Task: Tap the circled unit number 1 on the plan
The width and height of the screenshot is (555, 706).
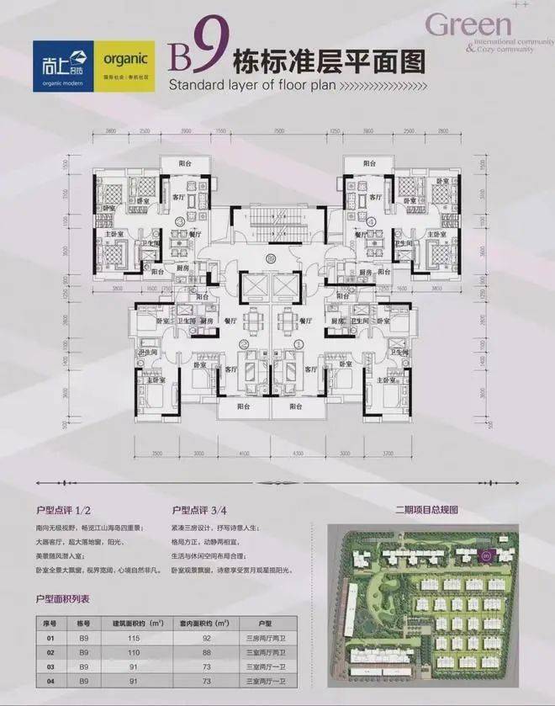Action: click(299, 343)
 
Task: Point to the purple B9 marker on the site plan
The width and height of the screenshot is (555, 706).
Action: click(485, 554)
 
